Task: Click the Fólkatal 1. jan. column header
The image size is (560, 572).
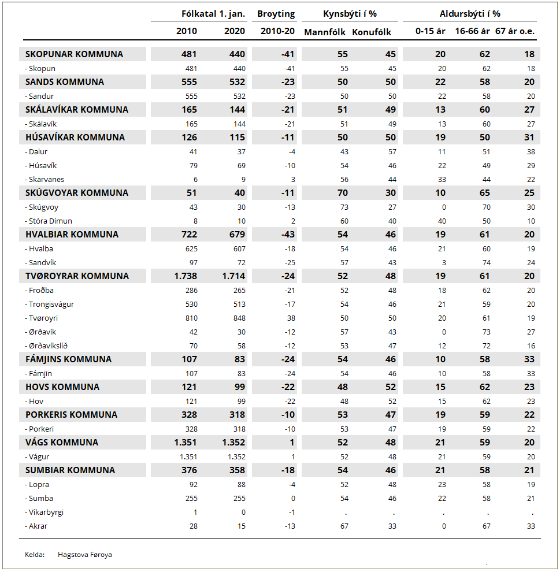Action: click(x=213, y=14)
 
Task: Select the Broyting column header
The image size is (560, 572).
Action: click(x=276, y=14)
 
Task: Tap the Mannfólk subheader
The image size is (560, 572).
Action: click(x=325, y=32)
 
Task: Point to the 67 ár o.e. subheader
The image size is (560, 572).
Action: click(x=515, y=31)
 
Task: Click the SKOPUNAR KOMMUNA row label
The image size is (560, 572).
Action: click(x=74, y=54)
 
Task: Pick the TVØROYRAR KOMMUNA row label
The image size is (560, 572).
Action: click(x=77, y=276)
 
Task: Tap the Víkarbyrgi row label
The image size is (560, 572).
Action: click(x=45, y=512)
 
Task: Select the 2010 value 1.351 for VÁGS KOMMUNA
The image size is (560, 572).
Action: click(x=186, y=443)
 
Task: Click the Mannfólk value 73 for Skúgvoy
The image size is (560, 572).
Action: click(x=344, y=207)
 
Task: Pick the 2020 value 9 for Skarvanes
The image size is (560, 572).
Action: click(x=243, y=180)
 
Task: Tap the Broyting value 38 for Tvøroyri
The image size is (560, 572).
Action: click(x=290, y=318)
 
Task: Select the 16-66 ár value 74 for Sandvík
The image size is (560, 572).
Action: click(x=486, y=263)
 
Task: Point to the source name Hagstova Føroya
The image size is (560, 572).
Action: click(x=85, y=555)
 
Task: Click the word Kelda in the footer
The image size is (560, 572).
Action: click(x=35, y=555)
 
